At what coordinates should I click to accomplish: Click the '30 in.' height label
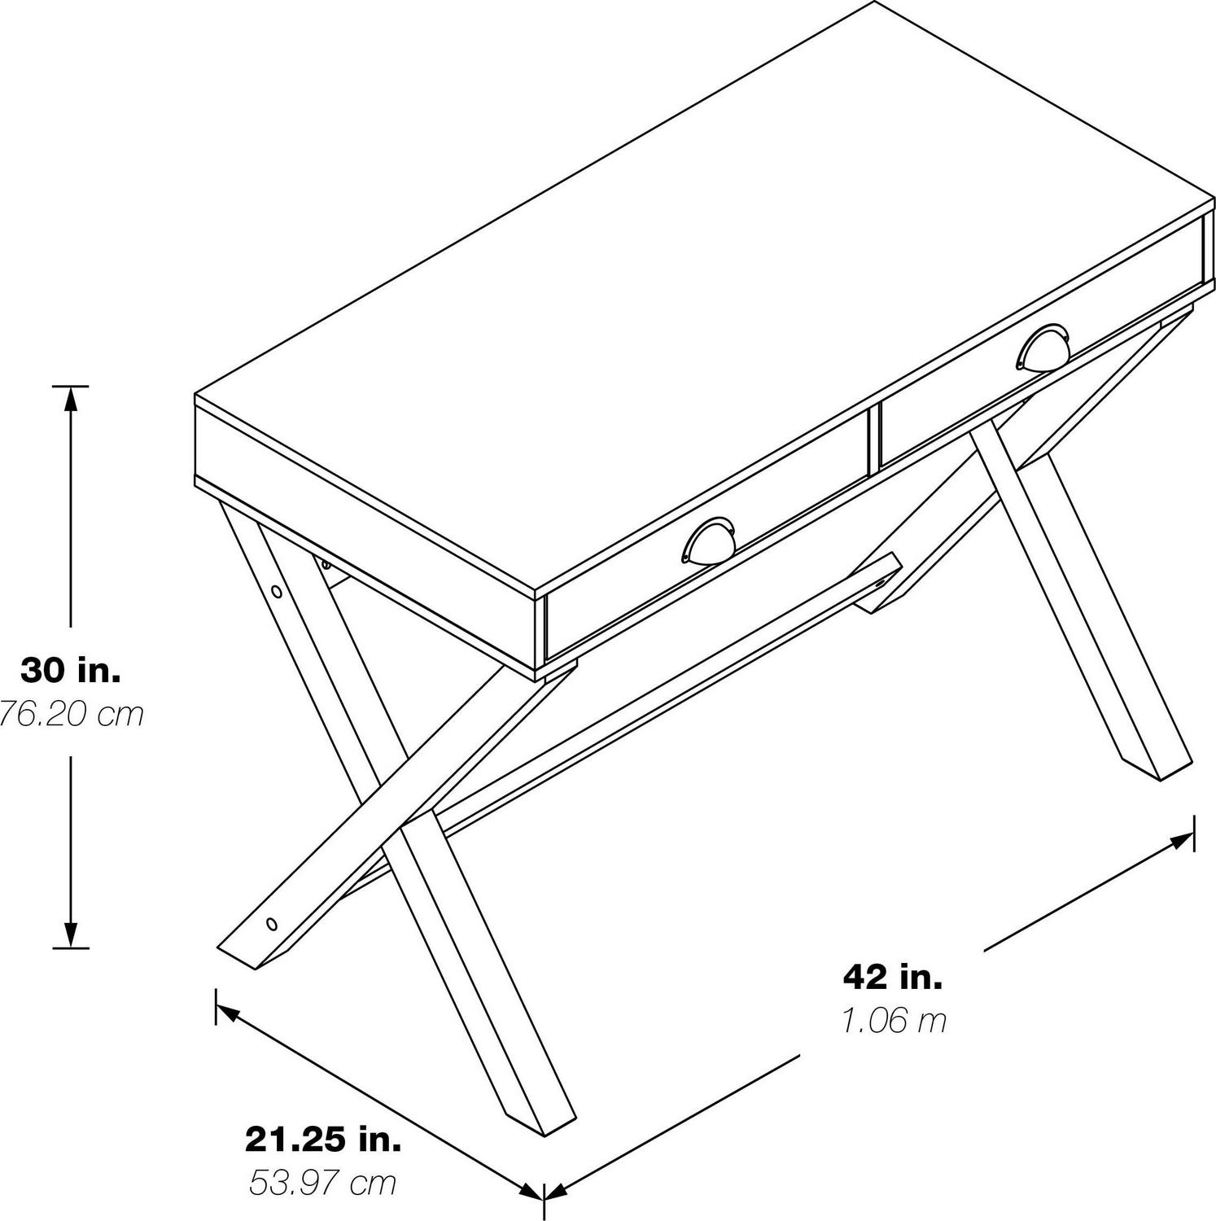point(71,671)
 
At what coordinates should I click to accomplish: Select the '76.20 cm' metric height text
point(71,714)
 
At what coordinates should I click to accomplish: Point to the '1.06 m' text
point(895,1020)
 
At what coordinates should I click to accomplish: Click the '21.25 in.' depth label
point(323,1140)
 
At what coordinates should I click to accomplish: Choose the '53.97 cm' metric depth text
point(323,1183)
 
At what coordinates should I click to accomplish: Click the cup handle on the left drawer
point(708,540)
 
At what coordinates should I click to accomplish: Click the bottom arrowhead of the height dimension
point(71,933)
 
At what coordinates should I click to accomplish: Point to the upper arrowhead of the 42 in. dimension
point(1180,839)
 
